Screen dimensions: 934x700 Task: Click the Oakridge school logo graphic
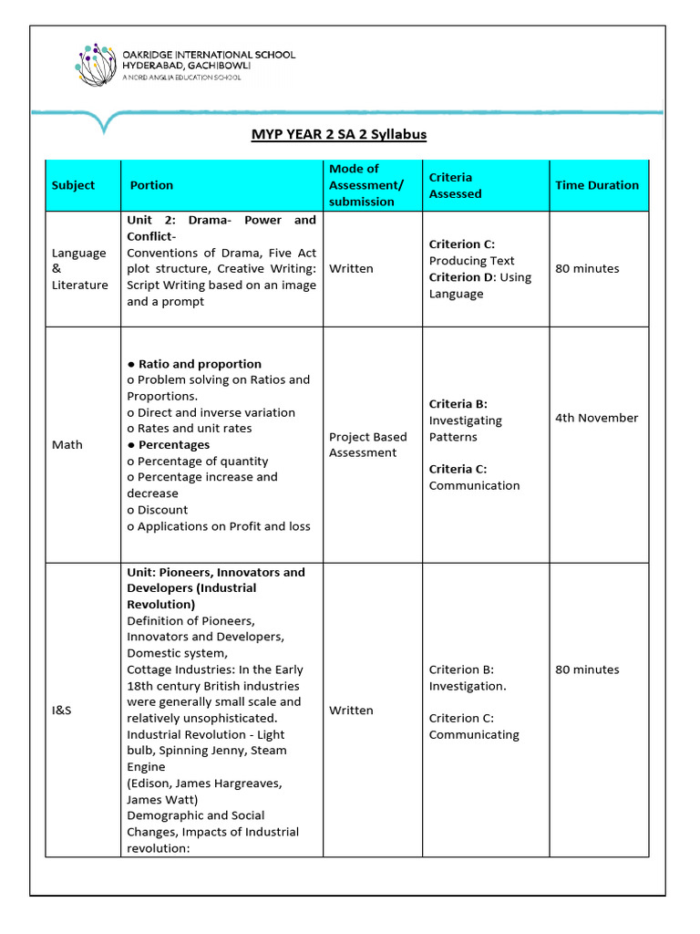[97, 64]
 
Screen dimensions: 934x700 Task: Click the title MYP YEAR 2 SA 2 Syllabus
[339, 134]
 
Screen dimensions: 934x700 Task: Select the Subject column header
[73, 185]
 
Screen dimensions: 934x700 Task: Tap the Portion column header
[151, 185]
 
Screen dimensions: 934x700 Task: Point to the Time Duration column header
[597, 185]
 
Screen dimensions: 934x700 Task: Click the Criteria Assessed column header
[455, 185]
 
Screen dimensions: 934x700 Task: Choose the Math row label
[67, 445]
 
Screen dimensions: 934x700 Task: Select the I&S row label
[61, 711]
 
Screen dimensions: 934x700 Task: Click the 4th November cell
[596, 418]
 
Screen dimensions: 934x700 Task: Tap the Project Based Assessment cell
[367, 445]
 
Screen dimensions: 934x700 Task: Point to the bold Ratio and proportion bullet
[199, 364]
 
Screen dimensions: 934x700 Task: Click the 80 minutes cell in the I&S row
[586, 669]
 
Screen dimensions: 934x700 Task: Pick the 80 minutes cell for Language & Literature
[586, 269]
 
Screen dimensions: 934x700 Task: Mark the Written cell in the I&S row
[351, 711]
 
